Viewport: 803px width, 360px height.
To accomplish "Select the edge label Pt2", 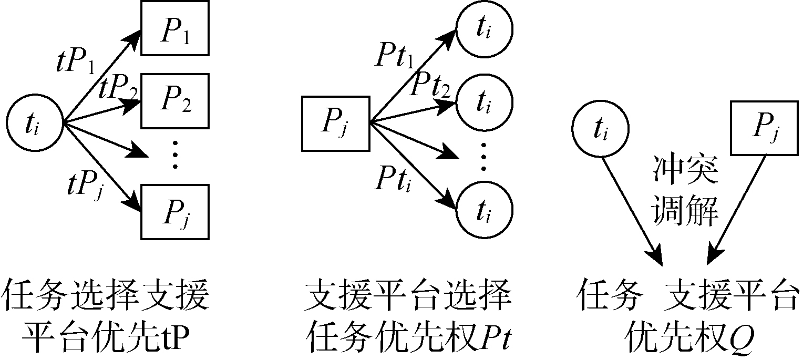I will pos(432,84).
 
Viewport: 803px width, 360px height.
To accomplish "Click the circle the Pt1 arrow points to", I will pos(484,29).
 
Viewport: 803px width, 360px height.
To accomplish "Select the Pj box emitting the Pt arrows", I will pos(335,125).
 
